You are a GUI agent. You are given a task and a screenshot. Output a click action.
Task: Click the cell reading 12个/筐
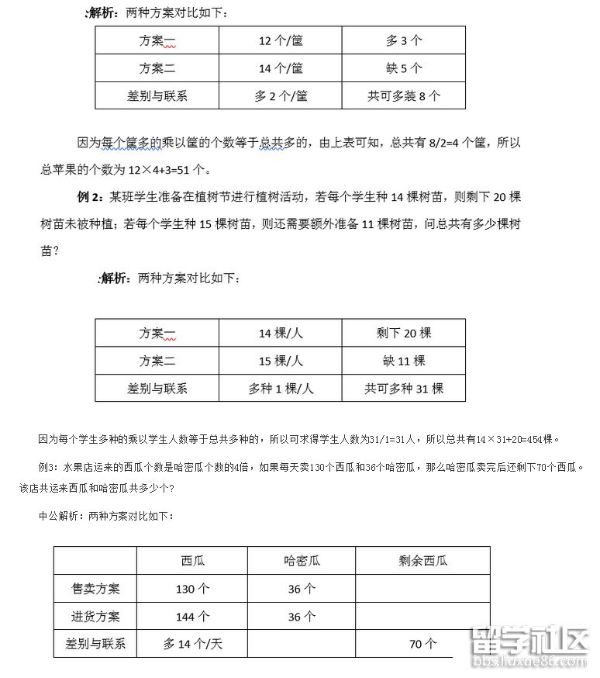[x=281, y=40]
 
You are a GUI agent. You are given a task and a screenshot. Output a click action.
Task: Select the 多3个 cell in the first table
[x=403, y=40]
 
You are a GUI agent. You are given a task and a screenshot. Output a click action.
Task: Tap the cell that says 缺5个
[x=403, y=68]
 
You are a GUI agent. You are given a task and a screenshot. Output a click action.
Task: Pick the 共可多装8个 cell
[x=403, y=96]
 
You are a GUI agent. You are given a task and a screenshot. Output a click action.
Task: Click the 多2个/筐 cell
[x=281, y=96]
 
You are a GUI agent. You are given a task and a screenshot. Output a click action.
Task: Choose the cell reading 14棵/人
[x=281, y=333]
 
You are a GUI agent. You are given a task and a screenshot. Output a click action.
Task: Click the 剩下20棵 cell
[x=403, y=333]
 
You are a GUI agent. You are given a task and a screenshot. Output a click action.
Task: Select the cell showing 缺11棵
[x=403, y=361]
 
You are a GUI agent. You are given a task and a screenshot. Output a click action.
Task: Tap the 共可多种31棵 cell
[x=403, y=389]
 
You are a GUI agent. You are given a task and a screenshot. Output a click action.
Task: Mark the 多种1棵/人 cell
[x=281, y=389]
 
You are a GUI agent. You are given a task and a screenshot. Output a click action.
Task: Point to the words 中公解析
[x=61, y=515]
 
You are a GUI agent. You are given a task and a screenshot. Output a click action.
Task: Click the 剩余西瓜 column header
[x=422, y=561]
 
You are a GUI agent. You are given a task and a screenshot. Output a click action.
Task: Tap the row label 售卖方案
[x=95, y=589]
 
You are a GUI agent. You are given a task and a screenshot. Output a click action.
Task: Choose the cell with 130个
[x=192, y=589]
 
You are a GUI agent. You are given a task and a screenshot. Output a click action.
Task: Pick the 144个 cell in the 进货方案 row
[x=192, y=617]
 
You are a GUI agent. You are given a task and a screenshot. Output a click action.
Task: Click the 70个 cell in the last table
[x=422, y=644]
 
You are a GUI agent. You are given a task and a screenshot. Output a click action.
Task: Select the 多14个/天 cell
[x=192, y=644]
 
